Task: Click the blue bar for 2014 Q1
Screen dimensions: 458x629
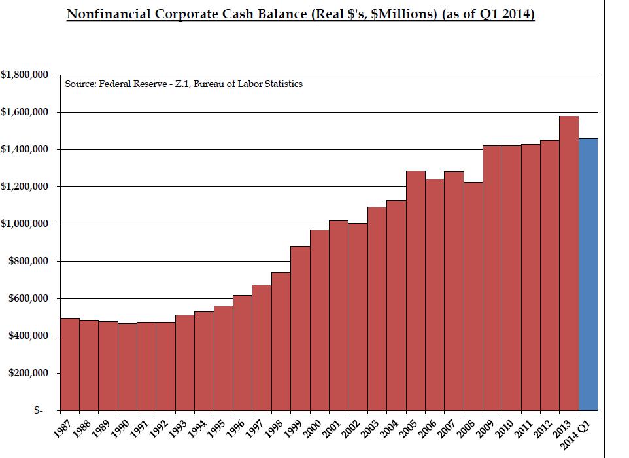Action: (x=588, y=275)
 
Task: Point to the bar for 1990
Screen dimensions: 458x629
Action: (x=127, y=367)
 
